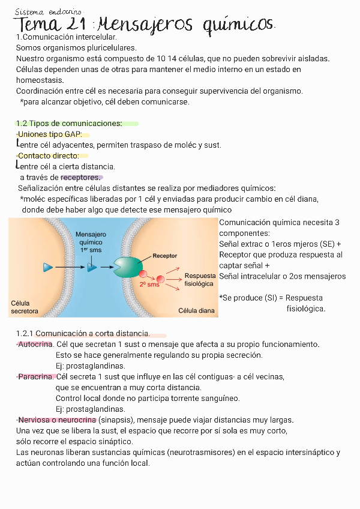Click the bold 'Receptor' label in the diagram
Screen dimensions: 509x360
pyautogui.click(x=164, y=256)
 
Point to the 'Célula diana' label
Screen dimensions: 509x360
pyautogui.click(x=196, y=311)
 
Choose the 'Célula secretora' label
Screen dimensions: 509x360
pyautogui.click(x=25, y=307)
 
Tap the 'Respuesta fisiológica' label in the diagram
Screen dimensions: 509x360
pyautogui.click(x=199, y=279)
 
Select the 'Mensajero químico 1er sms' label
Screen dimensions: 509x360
pyautogui.click(x=91, y=241)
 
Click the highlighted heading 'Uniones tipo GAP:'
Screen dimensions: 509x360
pyautogui.click(x=50, y=134)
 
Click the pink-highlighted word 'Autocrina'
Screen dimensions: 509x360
pyautogui.click(x=35, y=345)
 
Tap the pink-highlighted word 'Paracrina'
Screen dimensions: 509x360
pyautogui.click(x=36, y=377)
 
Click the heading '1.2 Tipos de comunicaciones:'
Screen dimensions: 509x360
pyautogui.click(x=69, y=124)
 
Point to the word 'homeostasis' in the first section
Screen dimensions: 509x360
pyautogui.click(x=40, y=80)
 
